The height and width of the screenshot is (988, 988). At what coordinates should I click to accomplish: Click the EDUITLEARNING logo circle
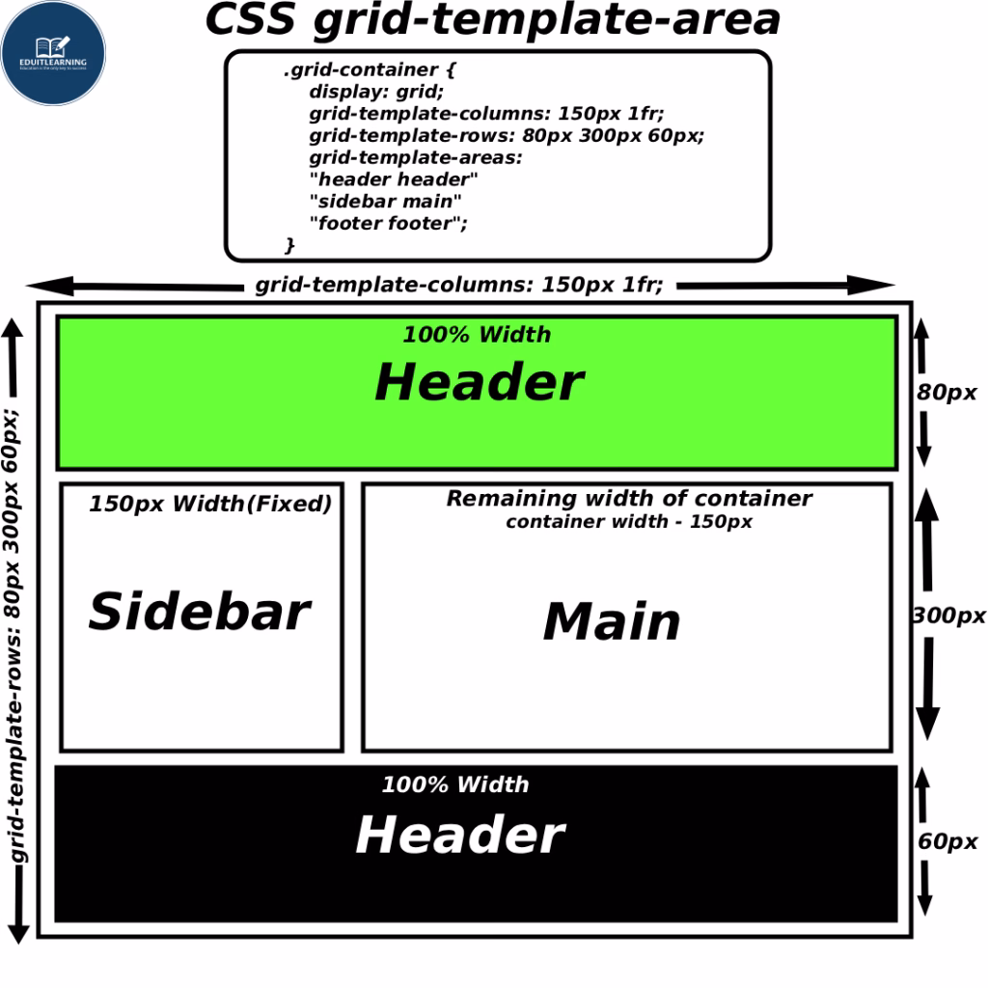(53, 53)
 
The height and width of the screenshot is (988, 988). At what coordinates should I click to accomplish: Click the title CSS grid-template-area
(493, 20)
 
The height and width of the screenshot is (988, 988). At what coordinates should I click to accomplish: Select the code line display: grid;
(376, 92)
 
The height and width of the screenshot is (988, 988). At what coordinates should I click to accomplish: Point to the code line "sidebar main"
(385, 201)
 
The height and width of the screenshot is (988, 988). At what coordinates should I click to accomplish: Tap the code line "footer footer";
(394, 223)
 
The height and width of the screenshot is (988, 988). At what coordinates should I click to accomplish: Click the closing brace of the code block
(289, 245)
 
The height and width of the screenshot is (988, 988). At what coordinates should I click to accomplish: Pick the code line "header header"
(393, 178)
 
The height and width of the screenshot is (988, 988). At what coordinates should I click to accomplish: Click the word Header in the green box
(479, 382)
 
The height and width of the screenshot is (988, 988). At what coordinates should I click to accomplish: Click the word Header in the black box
(460, 835)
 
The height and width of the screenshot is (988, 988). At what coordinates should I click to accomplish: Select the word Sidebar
(200, 612)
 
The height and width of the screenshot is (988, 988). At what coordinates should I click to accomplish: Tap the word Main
(612, 621)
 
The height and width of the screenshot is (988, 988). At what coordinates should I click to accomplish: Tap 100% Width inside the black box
(455, 784)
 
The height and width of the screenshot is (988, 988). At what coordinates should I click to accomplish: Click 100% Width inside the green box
(477, 335)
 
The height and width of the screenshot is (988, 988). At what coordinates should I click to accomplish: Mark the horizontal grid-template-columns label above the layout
(458, 285)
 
